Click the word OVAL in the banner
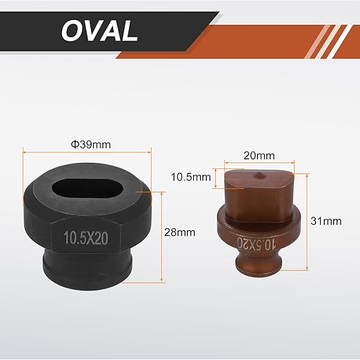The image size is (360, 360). [x=99, y=30]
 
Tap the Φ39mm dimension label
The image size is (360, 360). [x=91, y=145]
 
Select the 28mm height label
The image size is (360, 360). [x=180, y=232]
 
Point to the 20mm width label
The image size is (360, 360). [x=259, y=156]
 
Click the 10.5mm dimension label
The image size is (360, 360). [x=191, y=177]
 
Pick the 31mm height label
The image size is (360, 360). [x=326, y=221]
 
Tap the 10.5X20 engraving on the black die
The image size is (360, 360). [x=86, y=237]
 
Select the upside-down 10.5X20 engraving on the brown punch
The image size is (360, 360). [x=257, y=243]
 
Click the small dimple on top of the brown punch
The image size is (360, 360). [x=259, y=175]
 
